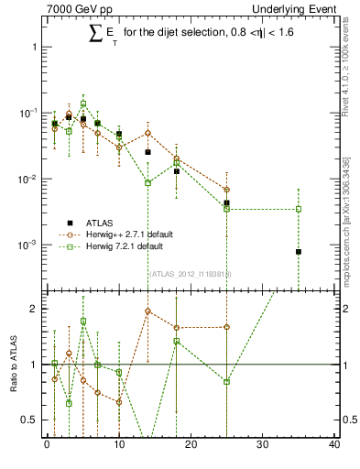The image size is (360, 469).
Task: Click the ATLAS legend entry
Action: tap(102, 222)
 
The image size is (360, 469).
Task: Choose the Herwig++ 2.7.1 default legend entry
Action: tap(124, 234)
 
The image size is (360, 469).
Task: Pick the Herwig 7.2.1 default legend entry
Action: tap(119, 246)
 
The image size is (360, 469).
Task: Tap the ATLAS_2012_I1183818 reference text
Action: tap(191, 273)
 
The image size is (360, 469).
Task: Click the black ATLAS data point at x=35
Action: tap(299, 252)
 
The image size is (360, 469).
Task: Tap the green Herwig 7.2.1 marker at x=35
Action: tap(299, 209)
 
